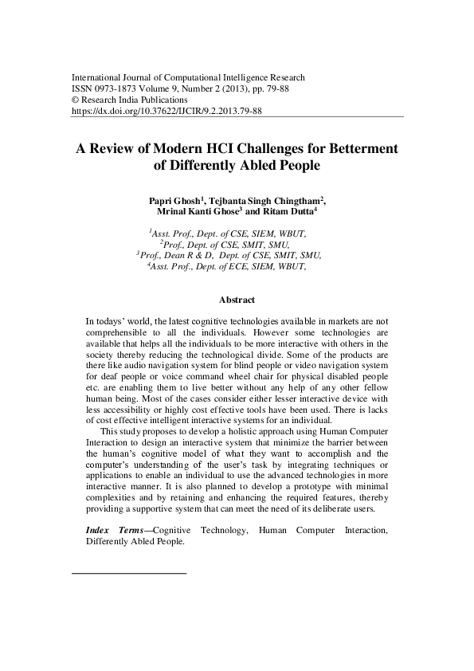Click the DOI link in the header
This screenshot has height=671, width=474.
pos(166,112)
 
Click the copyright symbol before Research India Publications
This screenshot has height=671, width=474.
pos(76,101)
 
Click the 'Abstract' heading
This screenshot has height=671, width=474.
pos(237,300)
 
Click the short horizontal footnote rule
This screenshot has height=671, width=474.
pos(129,573)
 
